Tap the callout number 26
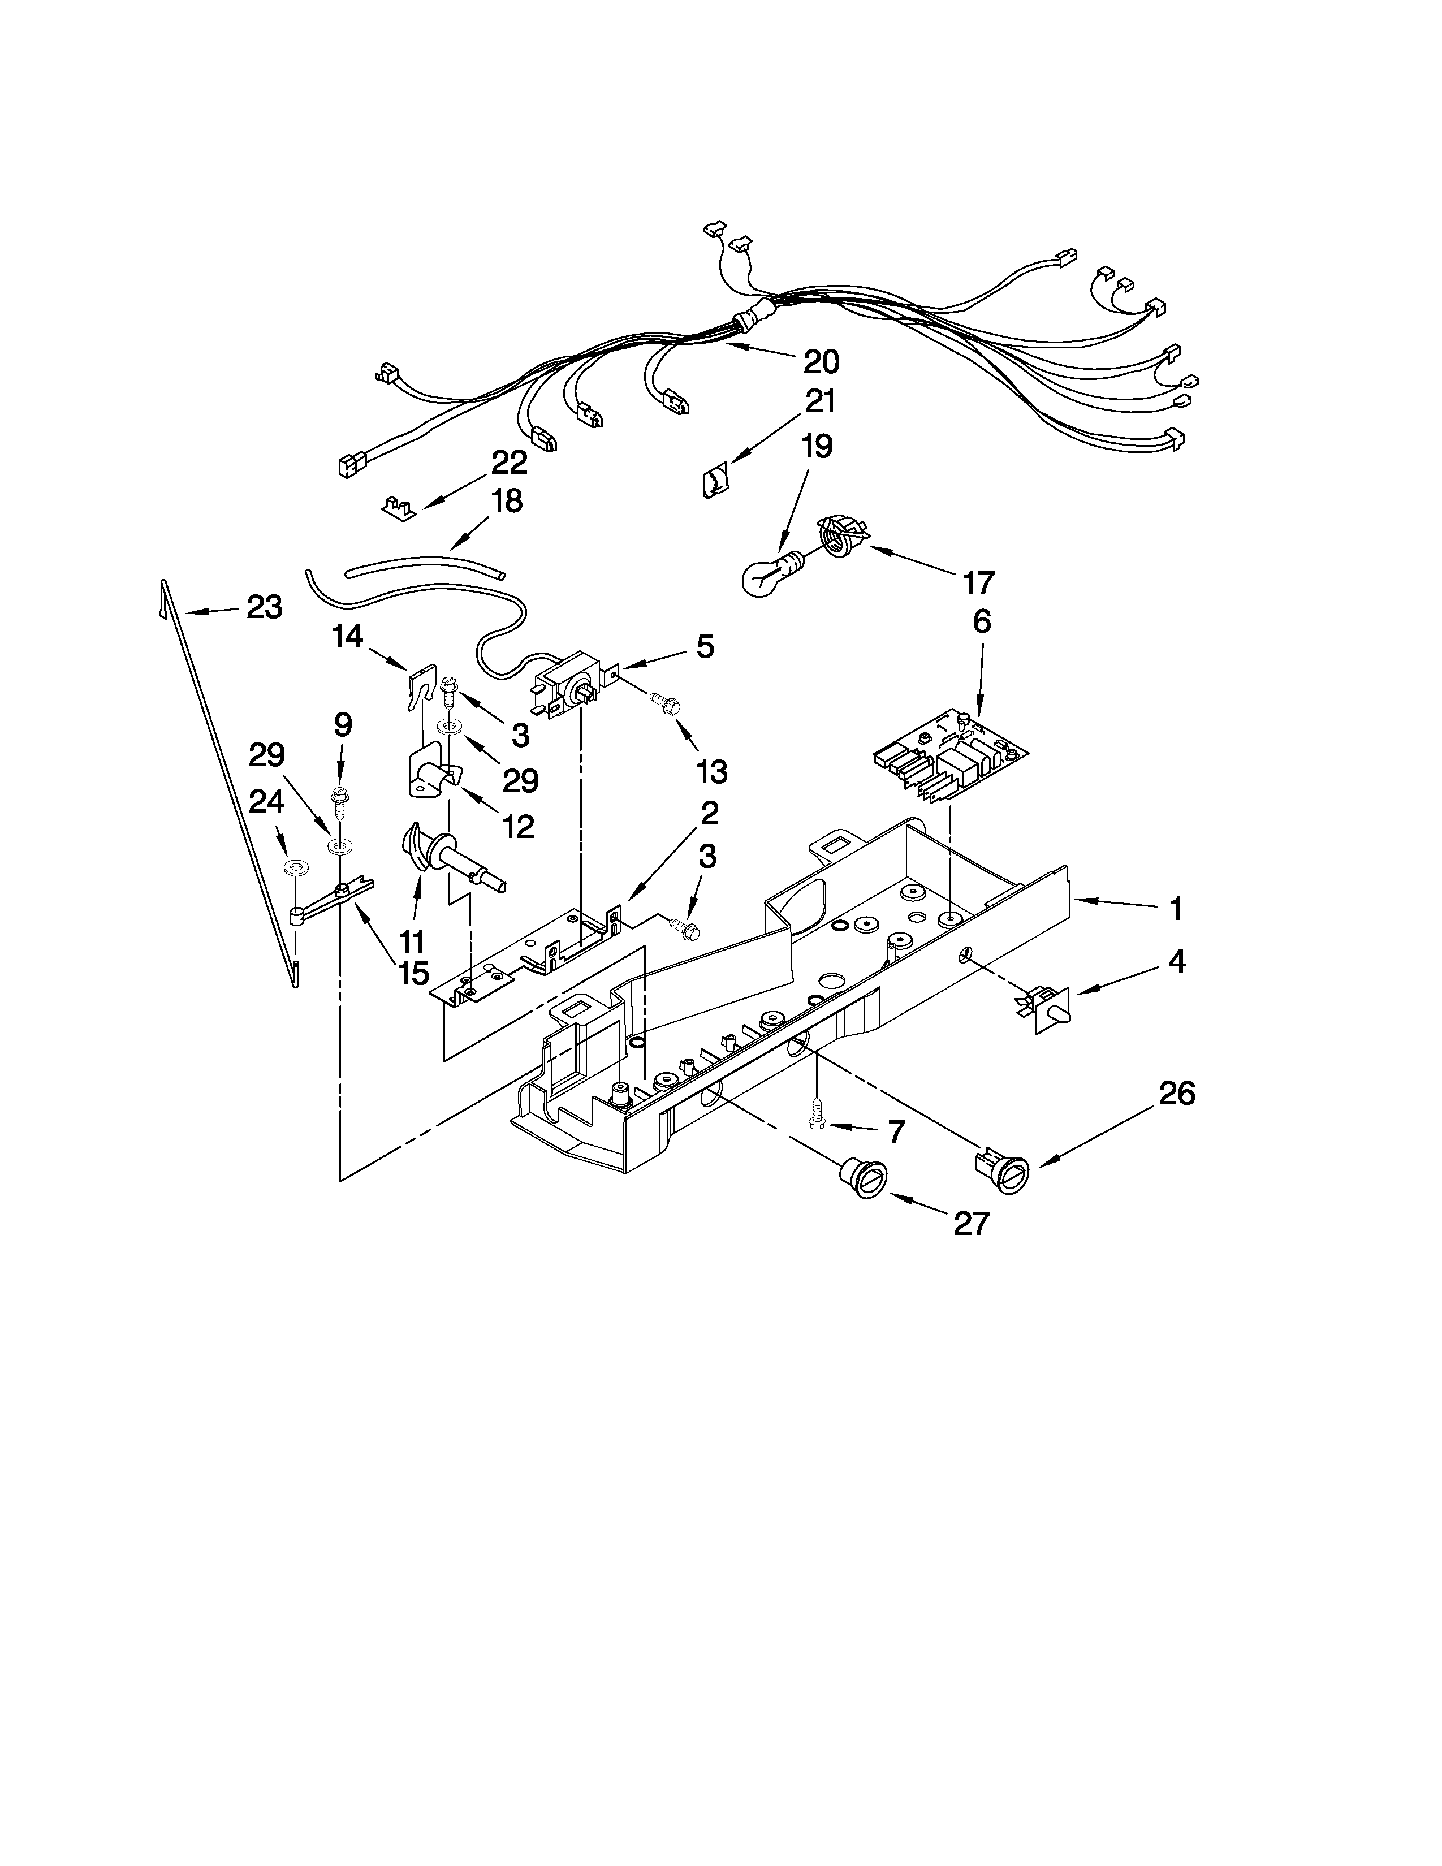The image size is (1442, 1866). click(x=1176, y=1093)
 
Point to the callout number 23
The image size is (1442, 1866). click(x=264, y=607)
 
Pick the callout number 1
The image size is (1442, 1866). click(x=1176, y=909)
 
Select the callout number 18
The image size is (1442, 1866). click(x=507, y=502)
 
